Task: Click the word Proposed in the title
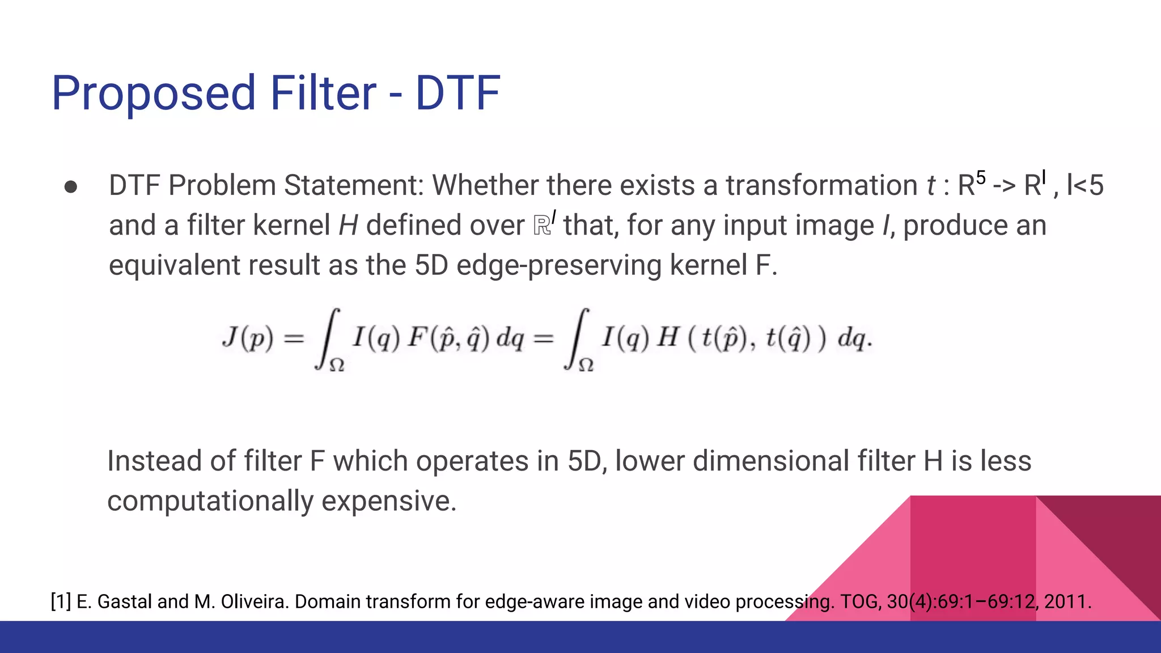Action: [x=154, y=94]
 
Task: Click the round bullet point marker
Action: [x=71, y=187]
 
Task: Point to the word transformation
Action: [x=821, y=185]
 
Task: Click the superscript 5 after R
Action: [x=981, y=177]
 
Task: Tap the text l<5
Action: [x=1085, y=185]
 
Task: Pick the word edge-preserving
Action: [x=559, y=265]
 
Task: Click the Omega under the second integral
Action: [x=586, y=366]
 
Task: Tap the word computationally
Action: [x=210, y=501]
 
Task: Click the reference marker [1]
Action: [x=61, y=601]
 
